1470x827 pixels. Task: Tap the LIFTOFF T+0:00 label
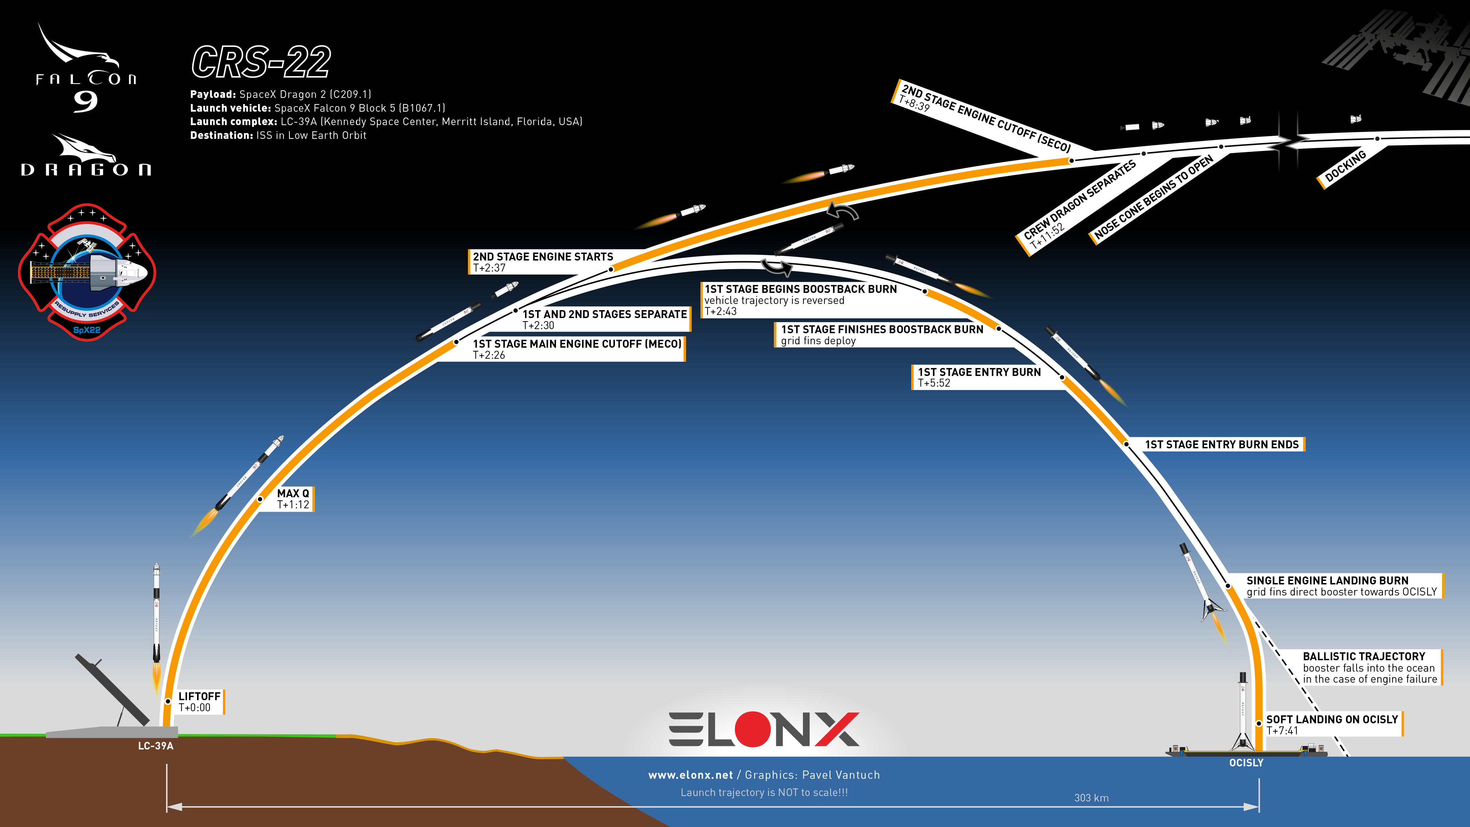199,702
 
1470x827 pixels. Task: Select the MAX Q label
293,499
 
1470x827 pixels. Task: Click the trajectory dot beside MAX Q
260,499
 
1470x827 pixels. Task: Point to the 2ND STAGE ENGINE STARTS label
542,262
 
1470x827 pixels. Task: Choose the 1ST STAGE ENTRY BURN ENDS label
1222,445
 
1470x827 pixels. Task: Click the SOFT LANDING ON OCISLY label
1332,724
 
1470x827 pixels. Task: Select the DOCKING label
1345,166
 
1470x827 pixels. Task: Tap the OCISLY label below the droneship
1246,763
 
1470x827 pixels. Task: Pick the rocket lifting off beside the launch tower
156,628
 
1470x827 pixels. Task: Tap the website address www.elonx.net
690,775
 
